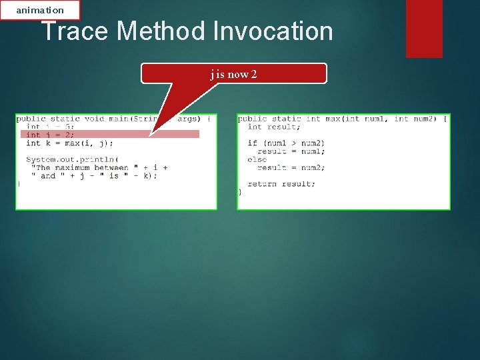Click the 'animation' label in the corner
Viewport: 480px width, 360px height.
(40, 10)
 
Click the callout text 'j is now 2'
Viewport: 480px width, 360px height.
(233, 74)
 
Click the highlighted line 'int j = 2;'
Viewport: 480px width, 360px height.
(50, 135)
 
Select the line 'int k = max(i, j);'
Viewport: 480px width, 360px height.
(69, 143)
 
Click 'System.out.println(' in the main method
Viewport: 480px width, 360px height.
(72, 159)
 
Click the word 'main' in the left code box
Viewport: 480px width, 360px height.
(119, 119)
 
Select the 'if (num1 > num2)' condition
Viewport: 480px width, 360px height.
(286, 143)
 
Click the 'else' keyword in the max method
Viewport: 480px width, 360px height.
(257, 159)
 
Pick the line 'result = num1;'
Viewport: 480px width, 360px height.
(291, 151)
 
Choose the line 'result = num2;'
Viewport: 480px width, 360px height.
(291, 168)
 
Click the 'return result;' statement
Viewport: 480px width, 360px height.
(281, 184)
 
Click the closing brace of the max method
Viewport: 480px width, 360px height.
(240, 192)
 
